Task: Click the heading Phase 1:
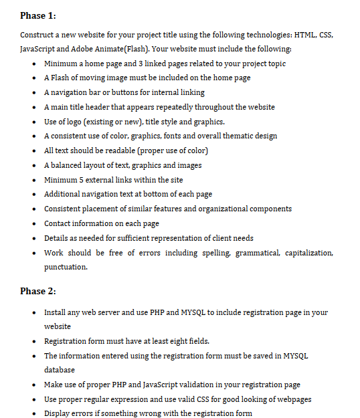coord(38,15)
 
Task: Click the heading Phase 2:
coord(38,290)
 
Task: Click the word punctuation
coord(66,267)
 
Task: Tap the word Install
coord(56,312)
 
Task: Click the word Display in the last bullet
coord(58,413)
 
